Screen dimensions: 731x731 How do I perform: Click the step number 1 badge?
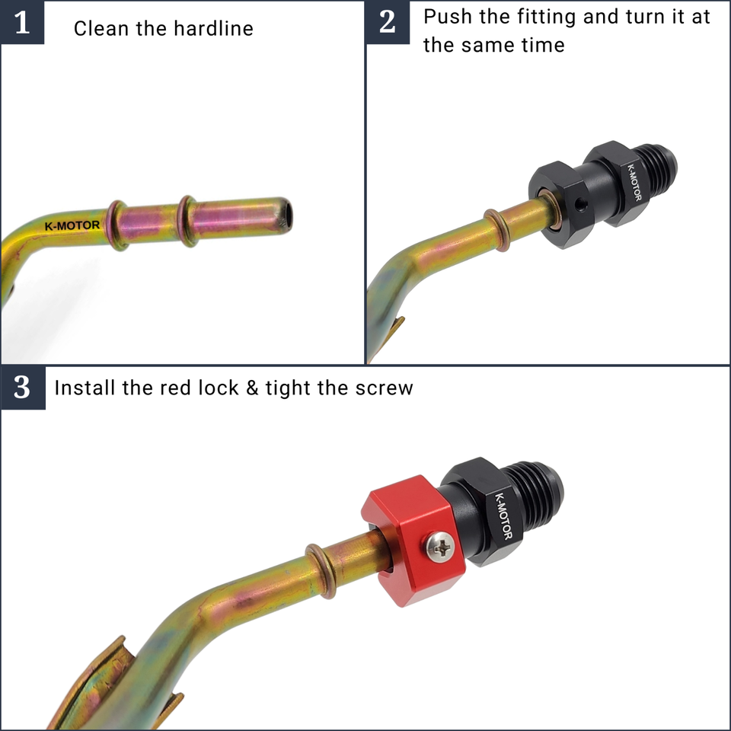(22, 22)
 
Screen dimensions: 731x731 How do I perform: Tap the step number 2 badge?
(388, 22)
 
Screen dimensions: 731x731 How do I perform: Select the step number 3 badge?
(22, 388)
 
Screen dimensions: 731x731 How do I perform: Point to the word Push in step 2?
(448, 17)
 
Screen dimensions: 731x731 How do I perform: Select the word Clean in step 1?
(101, 28)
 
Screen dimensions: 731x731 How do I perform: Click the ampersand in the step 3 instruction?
(252, 388)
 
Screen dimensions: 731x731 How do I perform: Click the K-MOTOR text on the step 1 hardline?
(72, 226)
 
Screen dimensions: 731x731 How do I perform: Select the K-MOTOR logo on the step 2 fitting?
(634, 182)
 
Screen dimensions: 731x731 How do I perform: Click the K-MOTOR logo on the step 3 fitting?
(503, 516)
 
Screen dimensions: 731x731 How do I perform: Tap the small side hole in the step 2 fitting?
(580, 203)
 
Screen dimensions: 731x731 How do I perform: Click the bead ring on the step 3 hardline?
(321, 570)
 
